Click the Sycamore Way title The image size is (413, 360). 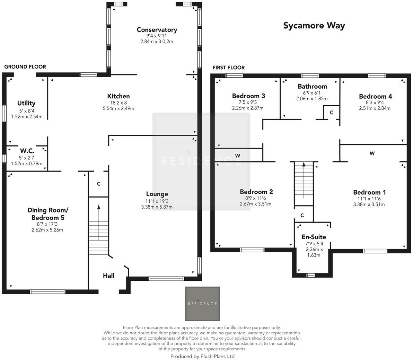coord(314,26)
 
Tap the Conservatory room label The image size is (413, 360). coord(157,30)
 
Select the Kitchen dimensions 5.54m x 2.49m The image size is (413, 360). coord(118,108)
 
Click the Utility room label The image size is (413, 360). coord(26,103)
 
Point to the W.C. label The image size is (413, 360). coord(27,151)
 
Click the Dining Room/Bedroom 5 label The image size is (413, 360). coord(48,214)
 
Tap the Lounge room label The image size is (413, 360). coord(157,194)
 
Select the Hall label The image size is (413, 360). coord(108,276)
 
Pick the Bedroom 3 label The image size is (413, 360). coord(248,96)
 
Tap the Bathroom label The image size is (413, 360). coord(312,87)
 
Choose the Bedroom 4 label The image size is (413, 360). coord(375,96)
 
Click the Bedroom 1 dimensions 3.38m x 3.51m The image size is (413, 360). coord(369,204)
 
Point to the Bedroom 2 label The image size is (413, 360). coord(256,192)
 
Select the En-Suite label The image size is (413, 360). coord(314,237)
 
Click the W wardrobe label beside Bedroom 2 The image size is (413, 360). coord(238,156)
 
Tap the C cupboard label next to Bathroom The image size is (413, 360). coord(332,112)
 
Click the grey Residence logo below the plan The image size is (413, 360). coord(202,304)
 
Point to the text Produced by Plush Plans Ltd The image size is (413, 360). coord(202,356)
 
